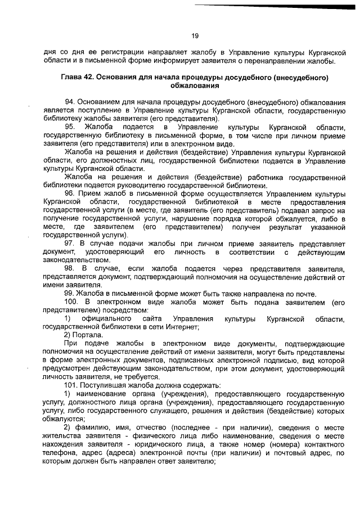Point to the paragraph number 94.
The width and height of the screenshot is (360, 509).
click(x=71, y=102)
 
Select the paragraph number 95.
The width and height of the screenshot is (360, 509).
click(x=71, y=129)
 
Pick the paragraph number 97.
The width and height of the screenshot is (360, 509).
click(x=71, y=243)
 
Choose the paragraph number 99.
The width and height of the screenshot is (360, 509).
click(x=71, y=294)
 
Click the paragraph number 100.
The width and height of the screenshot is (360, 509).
click(x=73, y=303)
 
